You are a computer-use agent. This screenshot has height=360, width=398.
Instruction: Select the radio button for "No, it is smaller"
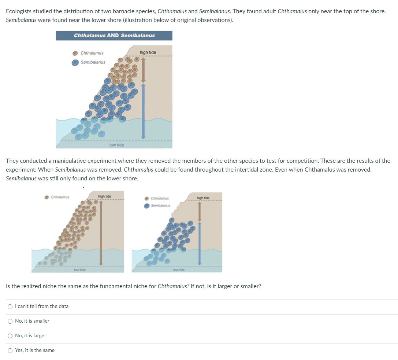(10, 321)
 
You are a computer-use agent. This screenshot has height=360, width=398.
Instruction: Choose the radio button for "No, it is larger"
(10, 336)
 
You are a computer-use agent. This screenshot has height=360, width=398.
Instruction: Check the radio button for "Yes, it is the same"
(10, 350)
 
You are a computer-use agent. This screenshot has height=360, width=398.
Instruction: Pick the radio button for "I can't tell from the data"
(10, 306)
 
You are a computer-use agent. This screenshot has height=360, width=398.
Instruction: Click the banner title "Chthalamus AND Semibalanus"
(114, 36)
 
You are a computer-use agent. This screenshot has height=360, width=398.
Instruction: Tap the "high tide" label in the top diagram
(148, 52)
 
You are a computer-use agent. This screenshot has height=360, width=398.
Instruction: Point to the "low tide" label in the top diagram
(116, 145)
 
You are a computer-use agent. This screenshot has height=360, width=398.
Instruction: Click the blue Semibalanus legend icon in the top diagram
(75, 62)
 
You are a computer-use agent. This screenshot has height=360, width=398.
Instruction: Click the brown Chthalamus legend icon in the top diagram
(75, 53)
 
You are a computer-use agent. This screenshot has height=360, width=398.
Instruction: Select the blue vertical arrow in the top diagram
(143, 110)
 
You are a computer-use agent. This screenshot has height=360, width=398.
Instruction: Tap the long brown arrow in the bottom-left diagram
(101, 233)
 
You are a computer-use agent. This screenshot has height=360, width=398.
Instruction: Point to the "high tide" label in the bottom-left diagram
(105, 196)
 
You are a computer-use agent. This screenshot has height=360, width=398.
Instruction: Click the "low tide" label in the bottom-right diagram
(179, 270)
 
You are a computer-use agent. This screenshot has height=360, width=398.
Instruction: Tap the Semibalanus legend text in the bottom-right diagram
(160, 206)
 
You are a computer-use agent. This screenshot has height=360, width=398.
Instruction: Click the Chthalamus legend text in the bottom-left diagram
(61, 197)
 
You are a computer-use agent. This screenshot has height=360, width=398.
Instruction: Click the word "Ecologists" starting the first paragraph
(18, 11)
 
